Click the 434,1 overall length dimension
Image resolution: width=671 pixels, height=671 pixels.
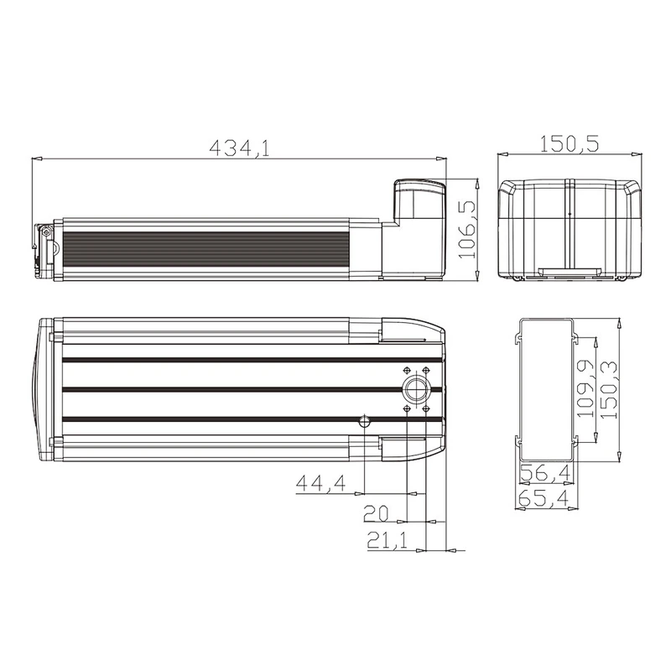pyautogui.click(x=239, y=148)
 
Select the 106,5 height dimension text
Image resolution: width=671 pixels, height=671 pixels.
pyautogui.click(x=467, y=230)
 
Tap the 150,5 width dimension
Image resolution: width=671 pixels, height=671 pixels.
pyautogui.click(x=569, y=143)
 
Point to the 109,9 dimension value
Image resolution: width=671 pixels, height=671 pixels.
pyautogui.click(x=585, y=388)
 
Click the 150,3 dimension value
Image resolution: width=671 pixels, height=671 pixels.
pyautogui.click(x=609, y=389)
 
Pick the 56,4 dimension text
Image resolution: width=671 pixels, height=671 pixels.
pyautogui.click(x=545, y=473)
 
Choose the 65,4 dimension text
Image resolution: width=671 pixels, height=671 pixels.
pyautogui.click(x=543, y=498)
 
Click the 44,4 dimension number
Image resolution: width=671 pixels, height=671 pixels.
pyautogui.click(x=321, y=483)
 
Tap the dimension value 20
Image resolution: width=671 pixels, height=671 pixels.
pyautogui.click(x=376, y=513)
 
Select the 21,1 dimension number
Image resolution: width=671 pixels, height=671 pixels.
pyautogui.click(x=388, y=541)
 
